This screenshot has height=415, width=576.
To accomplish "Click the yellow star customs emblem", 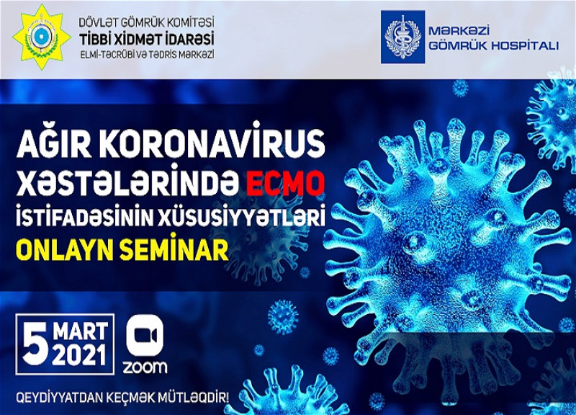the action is pos(42,38).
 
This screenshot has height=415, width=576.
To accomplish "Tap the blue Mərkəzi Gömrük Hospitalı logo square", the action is pos(402,37).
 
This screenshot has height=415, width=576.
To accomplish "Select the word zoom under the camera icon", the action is pos(145,367).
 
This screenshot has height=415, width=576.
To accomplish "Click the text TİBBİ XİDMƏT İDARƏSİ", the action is pos(147,38).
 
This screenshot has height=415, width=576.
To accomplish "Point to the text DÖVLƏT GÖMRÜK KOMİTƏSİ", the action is pos(147,23).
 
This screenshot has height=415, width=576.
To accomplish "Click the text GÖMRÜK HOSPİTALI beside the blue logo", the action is pos(494,46).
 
